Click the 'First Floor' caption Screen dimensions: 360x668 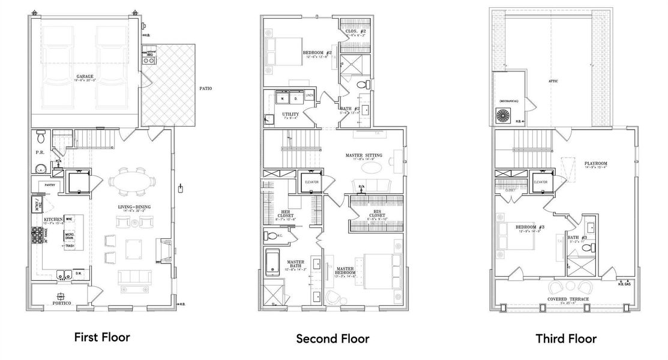[x=101, y=337]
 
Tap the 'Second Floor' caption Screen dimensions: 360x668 [x=332, y=339]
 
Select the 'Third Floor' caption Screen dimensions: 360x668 [x=566, y=339]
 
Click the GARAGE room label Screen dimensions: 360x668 [x=85, y=76]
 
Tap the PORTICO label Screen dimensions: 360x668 [x=62, y=304]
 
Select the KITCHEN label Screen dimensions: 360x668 [x=53, y=220]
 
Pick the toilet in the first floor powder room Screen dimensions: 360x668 [x=40, y=137]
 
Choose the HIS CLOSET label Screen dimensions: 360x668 [x=373, y=212]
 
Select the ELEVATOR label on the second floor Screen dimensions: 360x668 [x=311, y=182]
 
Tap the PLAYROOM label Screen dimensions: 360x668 [x=597, y=163]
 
